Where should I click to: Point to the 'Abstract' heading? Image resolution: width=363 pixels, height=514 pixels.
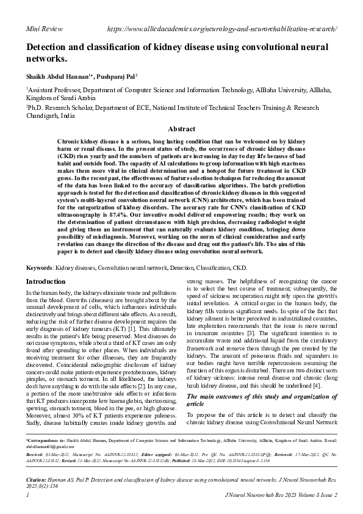point(181,129)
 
